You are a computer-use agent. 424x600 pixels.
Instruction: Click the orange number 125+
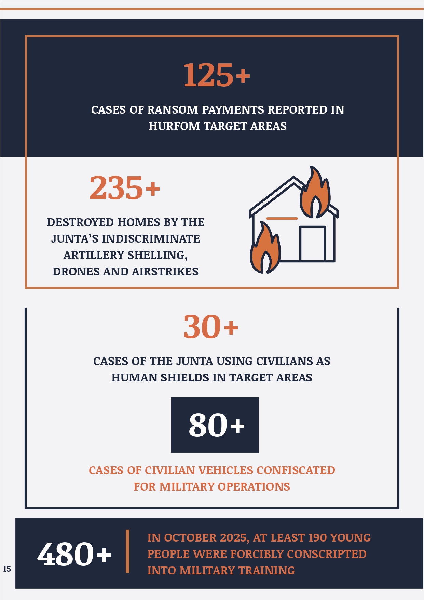coord(217,75)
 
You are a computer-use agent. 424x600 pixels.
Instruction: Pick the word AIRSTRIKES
coord(165,272)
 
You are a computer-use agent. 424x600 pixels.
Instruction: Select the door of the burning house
coord(312,244)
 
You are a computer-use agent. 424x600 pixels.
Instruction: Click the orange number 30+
coord(210,327)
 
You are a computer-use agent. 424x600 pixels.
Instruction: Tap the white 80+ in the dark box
coord(217,425)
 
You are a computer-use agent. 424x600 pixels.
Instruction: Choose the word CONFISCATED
coord(296,470)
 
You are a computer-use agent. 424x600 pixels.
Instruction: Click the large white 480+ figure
coord(74,554)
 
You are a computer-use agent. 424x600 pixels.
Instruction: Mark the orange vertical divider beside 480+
coord(127,551)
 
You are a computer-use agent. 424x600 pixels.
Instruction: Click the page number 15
coord(7,569)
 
